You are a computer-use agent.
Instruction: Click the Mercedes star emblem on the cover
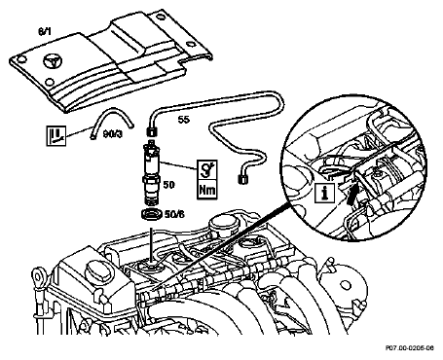[52, 62]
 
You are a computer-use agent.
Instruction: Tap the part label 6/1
[45, 32]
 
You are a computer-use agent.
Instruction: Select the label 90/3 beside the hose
[113, 133]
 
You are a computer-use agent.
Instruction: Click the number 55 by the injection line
[183, 120]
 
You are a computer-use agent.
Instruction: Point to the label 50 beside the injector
[168, 185]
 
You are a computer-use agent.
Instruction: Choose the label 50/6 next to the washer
[174, 214]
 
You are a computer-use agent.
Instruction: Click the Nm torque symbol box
[207, 189]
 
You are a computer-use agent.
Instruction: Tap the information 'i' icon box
[324, 193]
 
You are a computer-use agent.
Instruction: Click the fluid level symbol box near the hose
[56, 135]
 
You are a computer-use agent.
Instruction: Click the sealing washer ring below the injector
[152, 214]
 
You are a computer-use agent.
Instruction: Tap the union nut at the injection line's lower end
[242, 179]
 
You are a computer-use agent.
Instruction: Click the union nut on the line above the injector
[152, 132]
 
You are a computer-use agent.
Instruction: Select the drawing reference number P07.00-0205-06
[410, 348]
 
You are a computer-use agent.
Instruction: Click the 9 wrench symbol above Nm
[207, 169]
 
